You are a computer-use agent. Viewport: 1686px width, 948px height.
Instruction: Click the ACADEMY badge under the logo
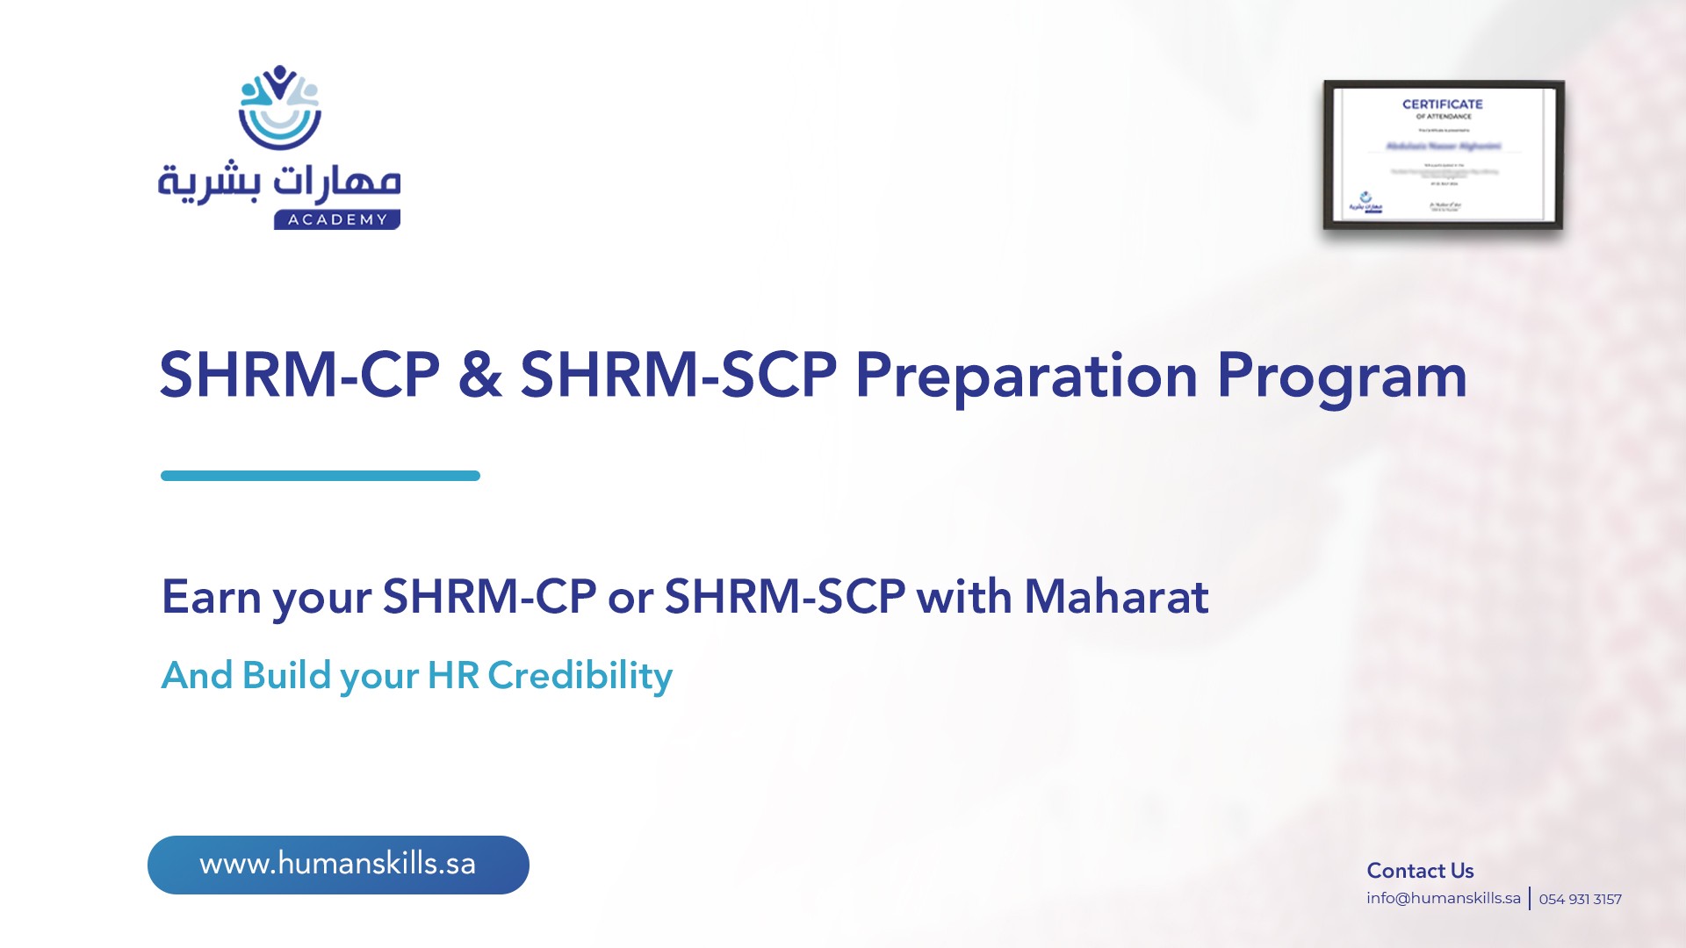click(x=337, y=219)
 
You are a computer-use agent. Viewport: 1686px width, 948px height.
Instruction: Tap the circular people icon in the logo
click(x=279, y=107)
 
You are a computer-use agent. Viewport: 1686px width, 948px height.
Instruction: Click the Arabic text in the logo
click(x=279, y=183)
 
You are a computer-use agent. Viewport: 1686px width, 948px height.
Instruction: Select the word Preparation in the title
click(x=1026, y=376)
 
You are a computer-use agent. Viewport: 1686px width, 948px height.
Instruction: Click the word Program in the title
click(x=1341, y=376)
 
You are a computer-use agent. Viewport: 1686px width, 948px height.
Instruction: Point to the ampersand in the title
click(x=479, y=376)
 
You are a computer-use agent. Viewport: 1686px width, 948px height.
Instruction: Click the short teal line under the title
click(x=321, y=476)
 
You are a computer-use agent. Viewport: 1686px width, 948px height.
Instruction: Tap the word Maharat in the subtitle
click(x=1116, y=597)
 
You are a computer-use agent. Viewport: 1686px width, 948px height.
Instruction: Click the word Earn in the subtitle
click(x=212, y=597)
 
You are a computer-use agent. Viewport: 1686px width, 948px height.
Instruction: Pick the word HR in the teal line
click(x=453, y=676)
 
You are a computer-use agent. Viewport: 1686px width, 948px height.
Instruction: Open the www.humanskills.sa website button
click(x=338, y=865)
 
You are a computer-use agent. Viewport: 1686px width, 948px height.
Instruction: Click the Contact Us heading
click(x=1420, y=871)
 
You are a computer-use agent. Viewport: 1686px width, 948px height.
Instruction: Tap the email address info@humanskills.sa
click(x=1443, y=898)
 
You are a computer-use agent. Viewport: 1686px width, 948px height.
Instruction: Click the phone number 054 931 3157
click(x=1580, y=899)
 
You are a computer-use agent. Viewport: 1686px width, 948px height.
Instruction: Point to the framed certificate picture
click(x=1444, y=156)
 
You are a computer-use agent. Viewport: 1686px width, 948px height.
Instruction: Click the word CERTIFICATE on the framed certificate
click(x=1442, y=104)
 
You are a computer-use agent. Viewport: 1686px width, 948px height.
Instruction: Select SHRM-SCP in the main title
click(x=679, y=376)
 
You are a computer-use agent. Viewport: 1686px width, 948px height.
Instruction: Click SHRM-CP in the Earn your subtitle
click(x=489, y=597)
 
